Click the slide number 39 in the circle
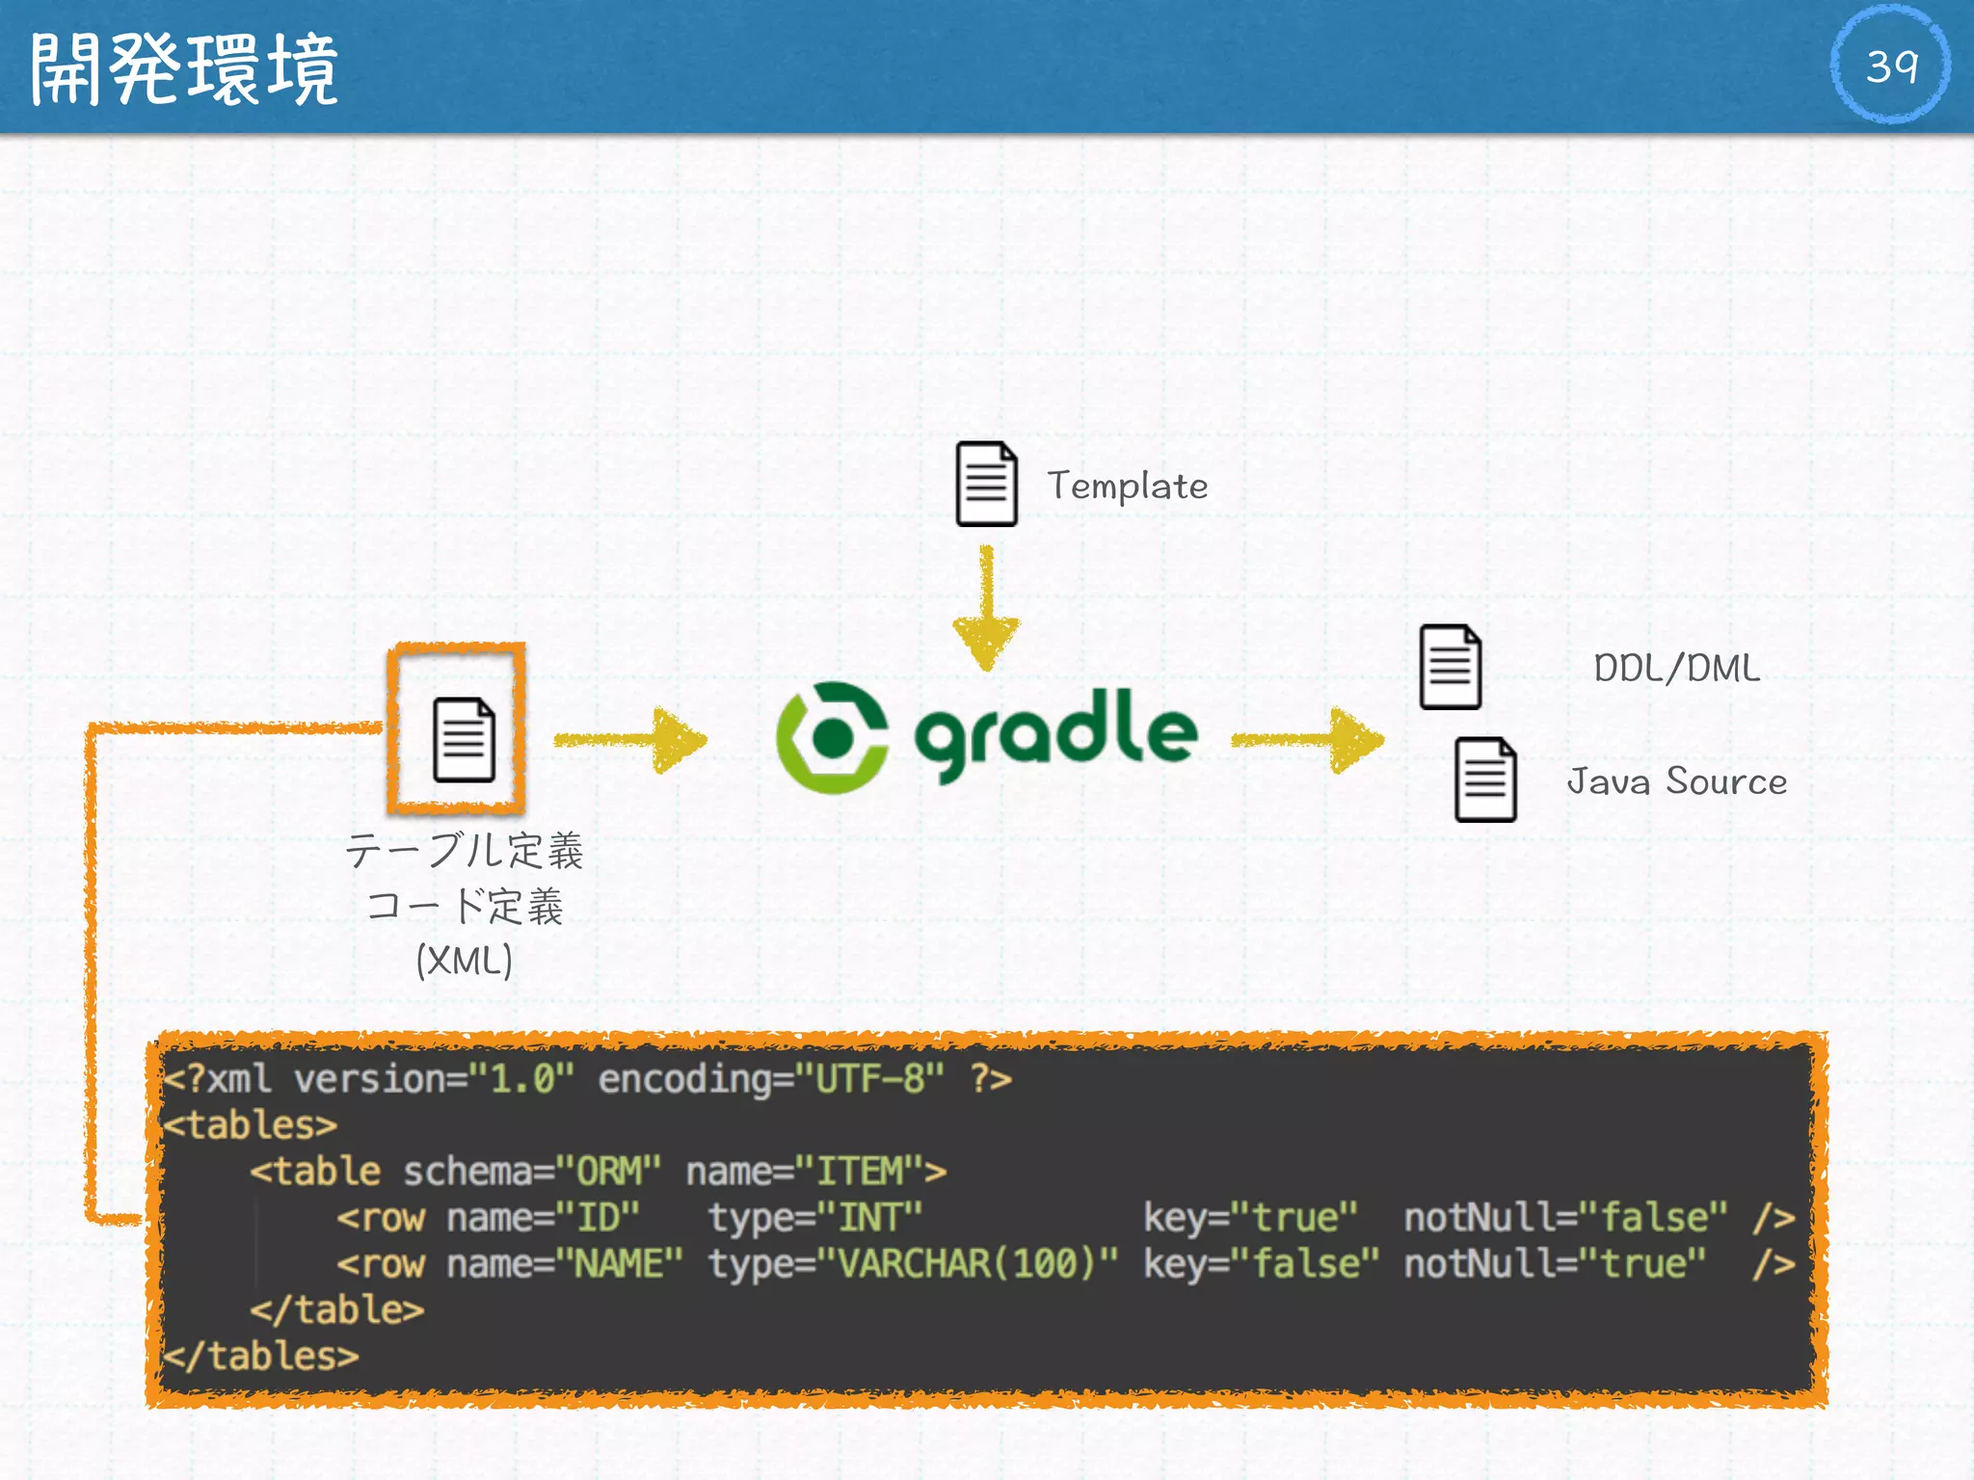[1891, 66]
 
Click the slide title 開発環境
[183, 68]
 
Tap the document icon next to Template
[986, 485]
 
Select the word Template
[1127, 486]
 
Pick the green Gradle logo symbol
[832, 738]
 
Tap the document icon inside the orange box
[464, 739]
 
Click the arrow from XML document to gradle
[631, 740]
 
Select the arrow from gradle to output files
[1308, 740]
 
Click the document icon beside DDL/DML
[1450, 667]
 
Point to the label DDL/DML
[1676, 668]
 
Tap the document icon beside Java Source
[1484, 780]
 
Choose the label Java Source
[1676, 781]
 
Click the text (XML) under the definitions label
[464, 961]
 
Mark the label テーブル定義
[464, 851]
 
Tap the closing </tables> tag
[261, 1356]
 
